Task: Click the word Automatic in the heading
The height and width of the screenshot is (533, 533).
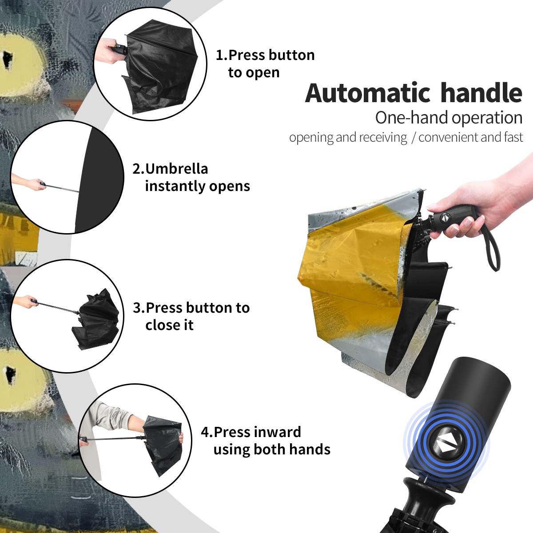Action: click(x=368, y=93)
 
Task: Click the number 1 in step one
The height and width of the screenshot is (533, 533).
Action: click(x=219, y=55)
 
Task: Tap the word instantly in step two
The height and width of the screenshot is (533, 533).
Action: click(x=175, y=186)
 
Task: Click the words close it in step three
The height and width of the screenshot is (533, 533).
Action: click(x=169, y=325)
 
